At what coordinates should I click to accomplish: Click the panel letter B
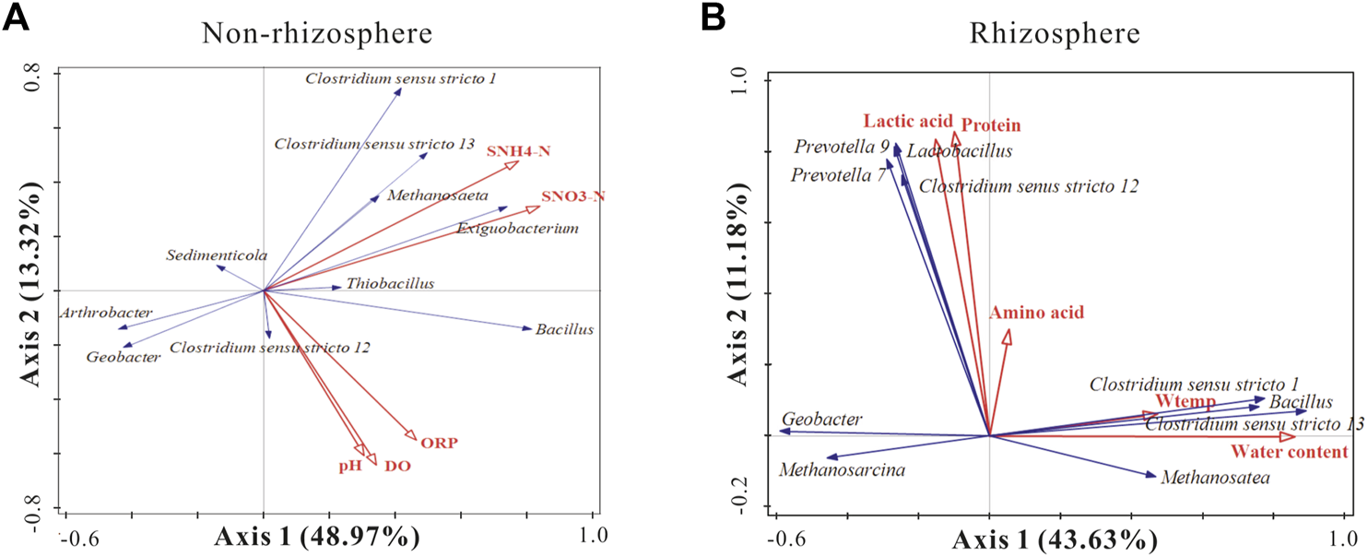tap(712, 18)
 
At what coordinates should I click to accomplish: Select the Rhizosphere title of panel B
tap(1055, 34)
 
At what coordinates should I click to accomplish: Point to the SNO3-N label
tap(573, 196)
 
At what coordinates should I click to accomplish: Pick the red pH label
tap(349, 467)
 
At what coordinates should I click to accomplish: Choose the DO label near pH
tap(397, 467)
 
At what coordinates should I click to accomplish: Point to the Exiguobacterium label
tap(517, 228)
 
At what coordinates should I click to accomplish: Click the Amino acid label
tap(1037, 313)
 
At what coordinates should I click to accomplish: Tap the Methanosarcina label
tap(842, 470)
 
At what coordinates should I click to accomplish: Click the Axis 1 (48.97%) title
tap(318, 536)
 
